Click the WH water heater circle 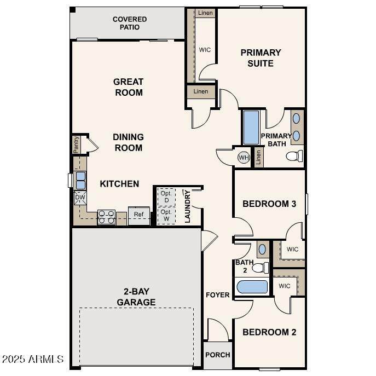tap(244, 158)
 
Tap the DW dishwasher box tap(80, 198)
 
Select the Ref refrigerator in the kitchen tap(139, 216)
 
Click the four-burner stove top tap(107, 217)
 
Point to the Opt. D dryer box tap(166, 197)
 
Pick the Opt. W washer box tap(166, 215)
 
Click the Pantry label tap(76, 144)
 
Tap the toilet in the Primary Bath tap(294, 156)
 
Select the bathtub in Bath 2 tap(252, 287)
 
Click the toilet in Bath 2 tap(261, 268)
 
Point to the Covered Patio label tap(130, 23)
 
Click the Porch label tap(218, 355)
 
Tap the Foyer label tap(218, 294)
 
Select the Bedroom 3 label tap(269, 204)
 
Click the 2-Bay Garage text tap(136, 297)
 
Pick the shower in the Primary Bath tap(251, 128)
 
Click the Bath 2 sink tap(263, 250)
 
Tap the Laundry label tap(188, 206)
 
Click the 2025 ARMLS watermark tap(33, 359)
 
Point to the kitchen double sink tap(80, 181)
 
